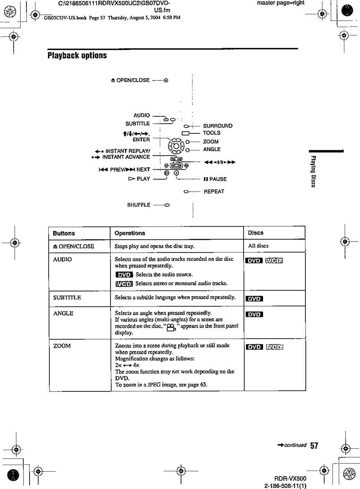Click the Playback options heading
tap(77, 56)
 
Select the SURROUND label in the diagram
tap(218, 126)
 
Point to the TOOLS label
tap(211, 133)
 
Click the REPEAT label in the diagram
tap(214, 191)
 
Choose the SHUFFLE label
tap(139, 205)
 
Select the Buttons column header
tap(64, 233)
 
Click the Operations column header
tap(130, 233)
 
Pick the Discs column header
tap(256, 233)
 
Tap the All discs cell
tap(258, 246)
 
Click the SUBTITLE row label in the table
tap(67, 297)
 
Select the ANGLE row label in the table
tap(63, 313)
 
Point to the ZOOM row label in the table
tap(62, 346)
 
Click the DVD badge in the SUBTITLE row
tap(254, 299)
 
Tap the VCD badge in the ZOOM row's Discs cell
tap(275, 347)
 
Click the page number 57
tap(314, 446)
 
